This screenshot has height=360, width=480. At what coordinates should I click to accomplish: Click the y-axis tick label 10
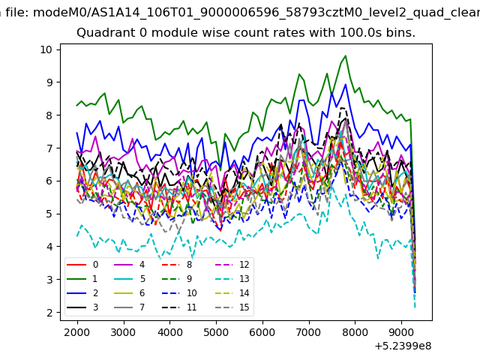[x=46, y=49]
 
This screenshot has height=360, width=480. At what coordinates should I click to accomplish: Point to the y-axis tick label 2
[x=49, y=313]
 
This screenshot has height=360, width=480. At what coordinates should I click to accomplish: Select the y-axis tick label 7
[x=49, y=148]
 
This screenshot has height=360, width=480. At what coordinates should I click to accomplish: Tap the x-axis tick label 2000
[x=77, y=332]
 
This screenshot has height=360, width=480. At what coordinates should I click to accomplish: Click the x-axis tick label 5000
[x=216, y=332]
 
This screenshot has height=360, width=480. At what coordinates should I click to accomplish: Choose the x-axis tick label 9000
[x=401, y=332]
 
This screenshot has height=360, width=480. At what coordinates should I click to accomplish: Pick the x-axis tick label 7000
[x=309, y=332]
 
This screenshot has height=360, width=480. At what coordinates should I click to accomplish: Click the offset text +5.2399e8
[x=403, y=346]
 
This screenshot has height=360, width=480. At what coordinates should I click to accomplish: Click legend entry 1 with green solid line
[x=82, y=279]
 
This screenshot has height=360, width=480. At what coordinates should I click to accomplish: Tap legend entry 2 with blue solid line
[x=82, y=293]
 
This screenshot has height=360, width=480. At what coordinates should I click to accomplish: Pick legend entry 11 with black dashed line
[x=178, y=307]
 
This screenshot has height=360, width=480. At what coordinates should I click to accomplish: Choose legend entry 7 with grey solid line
[x=129, y=307]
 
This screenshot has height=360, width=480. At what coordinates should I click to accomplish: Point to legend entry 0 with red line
[x=82, y=265]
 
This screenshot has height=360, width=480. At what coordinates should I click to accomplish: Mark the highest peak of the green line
[x=346, y=55]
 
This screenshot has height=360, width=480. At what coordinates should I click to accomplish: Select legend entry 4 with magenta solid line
[x=129, y=265]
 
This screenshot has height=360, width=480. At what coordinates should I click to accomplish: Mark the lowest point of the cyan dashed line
[x=415, y=307]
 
